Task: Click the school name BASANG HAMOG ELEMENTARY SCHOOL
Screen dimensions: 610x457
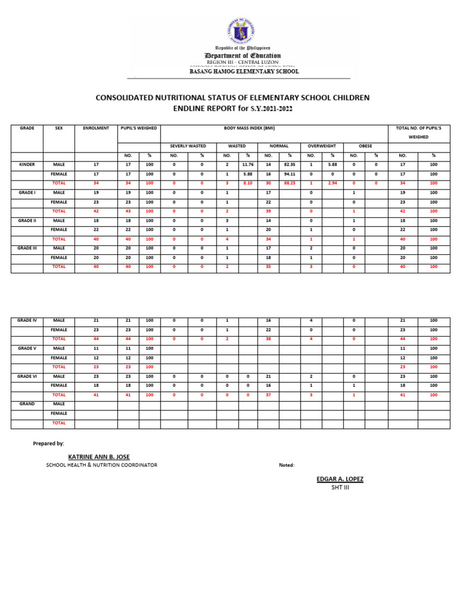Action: pos(244,71)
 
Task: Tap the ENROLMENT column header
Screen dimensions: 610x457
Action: pos(96,128)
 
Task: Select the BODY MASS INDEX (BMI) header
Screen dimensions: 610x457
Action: pos(274,128)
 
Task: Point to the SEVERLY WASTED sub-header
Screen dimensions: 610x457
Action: pos(188,146)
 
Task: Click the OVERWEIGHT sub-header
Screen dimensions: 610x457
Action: pos(321,146)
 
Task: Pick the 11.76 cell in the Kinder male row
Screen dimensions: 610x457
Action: pos(247,164)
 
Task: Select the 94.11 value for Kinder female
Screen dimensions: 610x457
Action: pos(290,174)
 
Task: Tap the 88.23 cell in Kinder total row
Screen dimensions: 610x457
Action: pos(290,183)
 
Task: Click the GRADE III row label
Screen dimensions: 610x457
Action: pos(27,248)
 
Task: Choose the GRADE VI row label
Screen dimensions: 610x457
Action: pos(27,376)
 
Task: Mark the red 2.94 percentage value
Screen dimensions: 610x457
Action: pos(333,183)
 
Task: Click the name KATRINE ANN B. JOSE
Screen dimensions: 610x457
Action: pos(99,456)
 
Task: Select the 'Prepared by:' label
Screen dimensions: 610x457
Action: pos(48,444)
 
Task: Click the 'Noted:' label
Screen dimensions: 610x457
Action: pos(287,465)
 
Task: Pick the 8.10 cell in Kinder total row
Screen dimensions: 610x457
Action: pos(247,183)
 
